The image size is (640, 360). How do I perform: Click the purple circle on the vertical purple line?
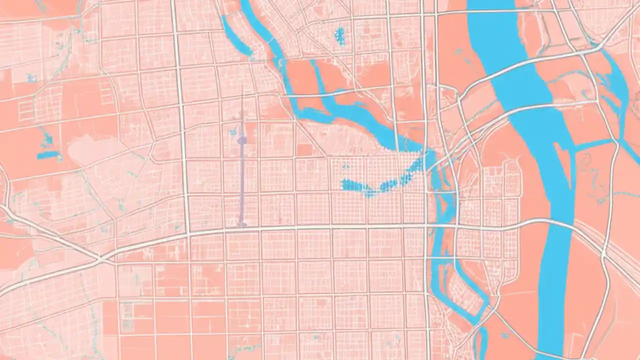click(x=241, y=140)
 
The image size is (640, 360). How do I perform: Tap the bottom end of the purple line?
click(x=241, y=224)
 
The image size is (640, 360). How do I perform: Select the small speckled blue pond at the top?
click(x=339, y=36)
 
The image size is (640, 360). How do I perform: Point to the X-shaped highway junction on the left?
click(x=101, y=259)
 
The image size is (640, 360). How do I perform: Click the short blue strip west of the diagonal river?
click(x=235, y=35)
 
